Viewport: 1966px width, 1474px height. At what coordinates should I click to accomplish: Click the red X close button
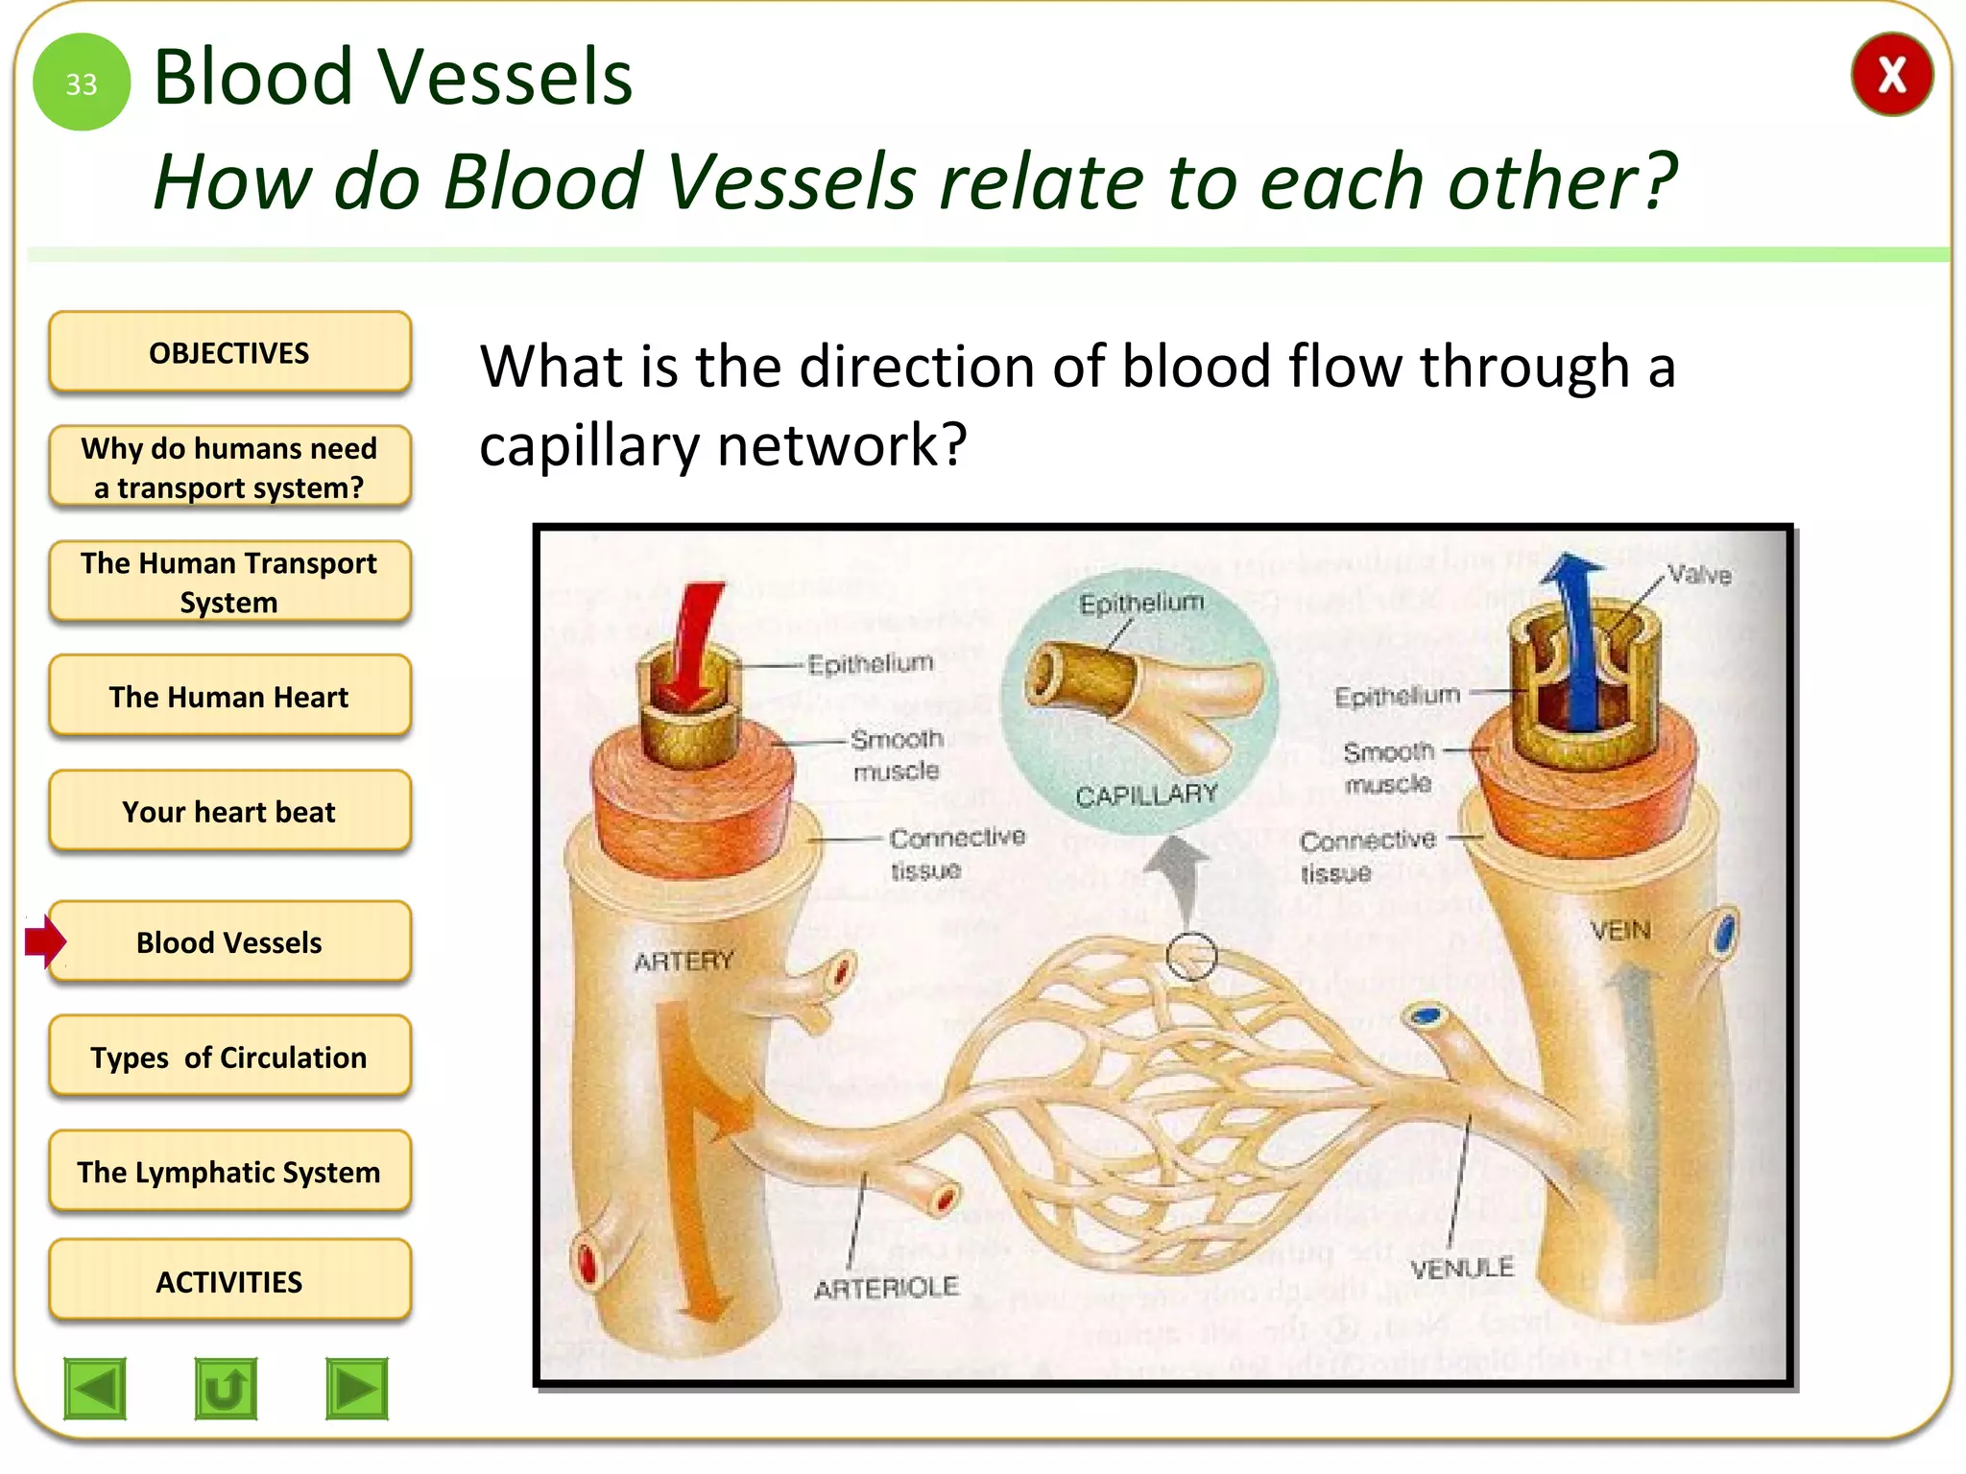(x=1890, y=75)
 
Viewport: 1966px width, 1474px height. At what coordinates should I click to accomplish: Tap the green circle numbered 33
(x=82, y=83)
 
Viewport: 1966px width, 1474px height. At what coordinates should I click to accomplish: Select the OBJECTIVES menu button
(x=229, y=352)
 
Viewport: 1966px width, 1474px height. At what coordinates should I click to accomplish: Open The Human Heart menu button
(x=229, y=697)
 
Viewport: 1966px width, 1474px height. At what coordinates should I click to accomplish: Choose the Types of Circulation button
(x=229, y=1057)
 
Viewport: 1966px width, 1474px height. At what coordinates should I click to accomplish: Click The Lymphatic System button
(x=229, y=1172)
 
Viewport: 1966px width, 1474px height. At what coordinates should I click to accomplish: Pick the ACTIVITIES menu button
(x=229, y=1281)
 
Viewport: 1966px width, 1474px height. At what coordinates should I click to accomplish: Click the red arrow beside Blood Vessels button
(x=45, y=941)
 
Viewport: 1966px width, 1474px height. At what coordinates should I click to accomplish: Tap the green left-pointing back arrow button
(x=95, y=1388)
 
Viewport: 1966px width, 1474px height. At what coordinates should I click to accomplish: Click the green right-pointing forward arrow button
(x=357, y=1388)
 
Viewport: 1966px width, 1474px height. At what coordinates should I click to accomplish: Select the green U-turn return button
(x=226, y=1388)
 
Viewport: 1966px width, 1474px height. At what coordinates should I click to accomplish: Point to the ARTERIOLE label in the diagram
(x=886, y=1287)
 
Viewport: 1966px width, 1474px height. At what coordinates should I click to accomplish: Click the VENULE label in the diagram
(x=1461, y=1268)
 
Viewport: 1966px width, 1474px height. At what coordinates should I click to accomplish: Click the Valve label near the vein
(x=1699, y=575)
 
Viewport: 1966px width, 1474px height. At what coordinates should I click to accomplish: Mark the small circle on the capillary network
(x=1191, y=956)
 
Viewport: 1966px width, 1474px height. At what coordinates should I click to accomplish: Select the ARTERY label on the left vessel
(x=683, y=961)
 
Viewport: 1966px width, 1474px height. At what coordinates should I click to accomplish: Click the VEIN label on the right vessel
(x=1619, y=930)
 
